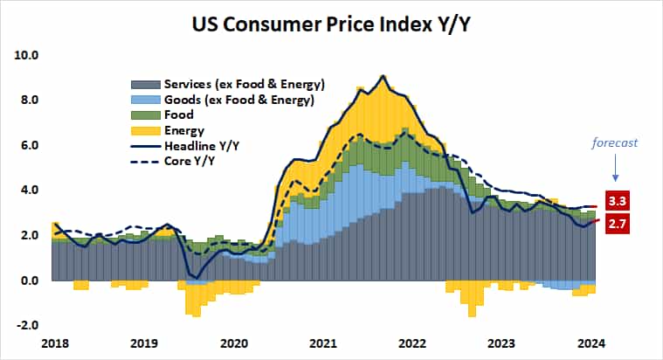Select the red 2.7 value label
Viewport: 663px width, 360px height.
tap(618, 224)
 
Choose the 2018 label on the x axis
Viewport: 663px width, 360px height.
tap(54, 344)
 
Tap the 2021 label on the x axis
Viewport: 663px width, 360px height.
tap(325, 344)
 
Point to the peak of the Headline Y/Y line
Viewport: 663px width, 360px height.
tap(383, 76)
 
